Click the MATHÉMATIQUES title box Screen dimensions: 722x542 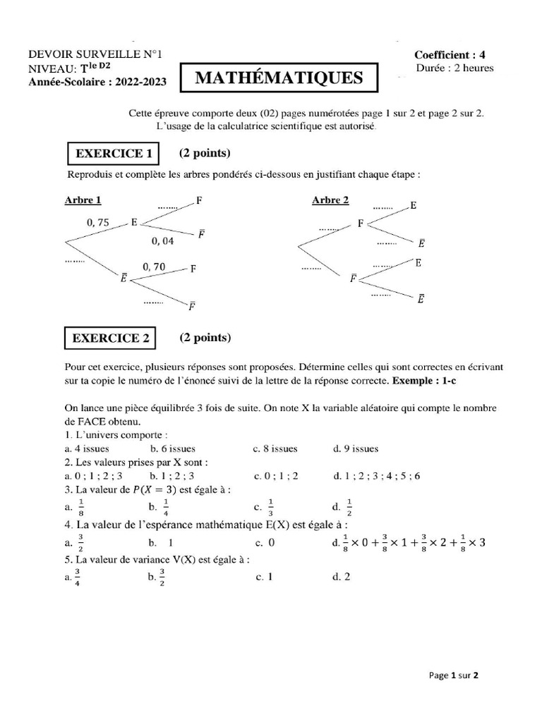(x=279, y=78)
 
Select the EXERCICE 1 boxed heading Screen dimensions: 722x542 (x=113, y=154)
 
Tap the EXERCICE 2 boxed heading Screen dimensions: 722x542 (x=111, y=338)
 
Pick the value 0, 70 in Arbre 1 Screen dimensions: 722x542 (x=154, y=267)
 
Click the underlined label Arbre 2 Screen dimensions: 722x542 (x=330, y=201)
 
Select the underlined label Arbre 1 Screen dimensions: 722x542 (x=83, y=201)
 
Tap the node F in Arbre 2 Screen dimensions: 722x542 (x=360, y=224)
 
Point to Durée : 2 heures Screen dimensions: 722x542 (x=455, y=68)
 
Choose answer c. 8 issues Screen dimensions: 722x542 (x=275, y=448)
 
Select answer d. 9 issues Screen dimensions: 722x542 (x=355, y=448)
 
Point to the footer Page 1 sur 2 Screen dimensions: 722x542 (x=454, y=675)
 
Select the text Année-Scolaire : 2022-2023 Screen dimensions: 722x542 (x=97, y=82)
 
